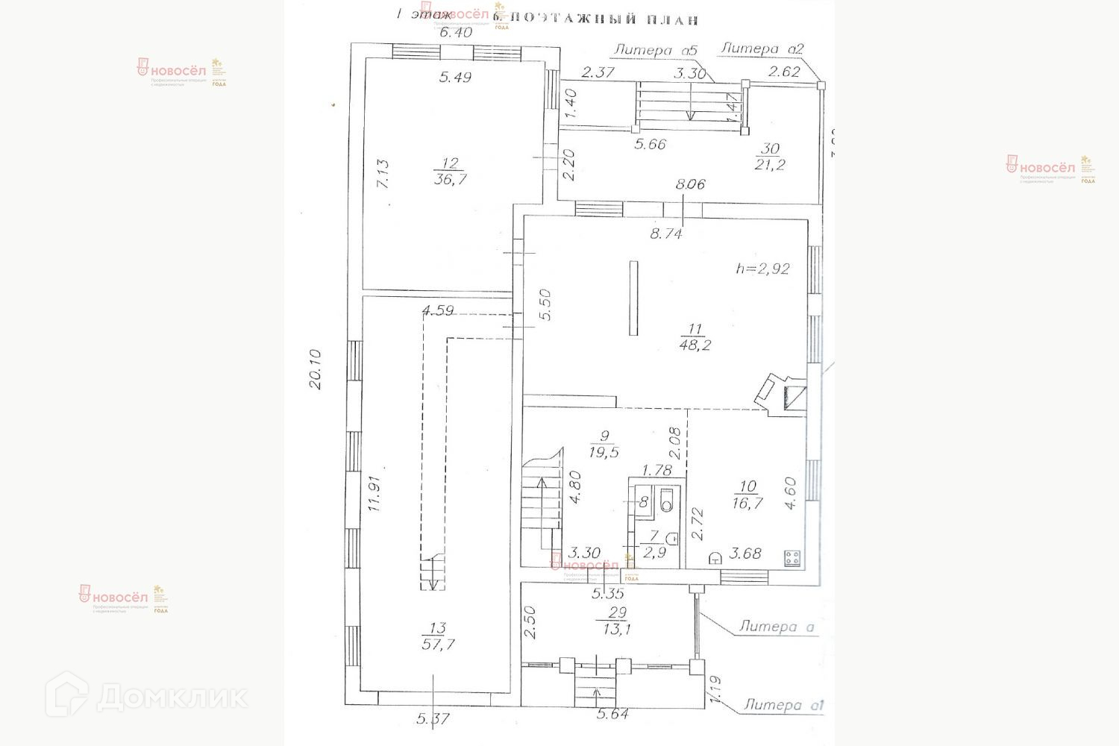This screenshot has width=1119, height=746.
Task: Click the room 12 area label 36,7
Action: (449, 179)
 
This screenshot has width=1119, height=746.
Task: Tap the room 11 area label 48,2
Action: (695, 344)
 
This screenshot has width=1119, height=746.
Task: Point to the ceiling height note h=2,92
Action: (762, 269)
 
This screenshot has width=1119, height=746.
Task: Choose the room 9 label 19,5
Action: (604, 451)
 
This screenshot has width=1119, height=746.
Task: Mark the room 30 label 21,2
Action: (769, 165)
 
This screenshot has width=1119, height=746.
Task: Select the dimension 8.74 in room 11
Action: (665, 233)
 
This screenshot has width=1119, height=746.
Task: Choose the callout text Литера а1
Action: (783, 705)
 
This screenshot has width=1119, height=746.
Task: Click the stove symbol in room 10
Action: (792, 557)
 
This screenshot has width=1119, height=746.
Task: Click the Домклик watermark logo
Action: (147, 697)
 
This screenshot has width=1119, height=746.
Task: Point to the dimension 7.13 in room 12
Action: (381, 173)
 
